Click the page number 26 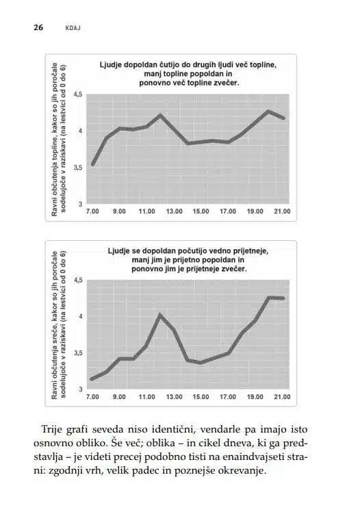(38, 27)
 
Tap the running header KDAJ (73, 28)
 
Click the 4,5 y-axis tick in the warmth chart (78, 94)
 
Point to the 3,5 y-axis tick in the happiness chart (78, 353)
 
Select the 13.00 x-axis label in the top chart (174, 212)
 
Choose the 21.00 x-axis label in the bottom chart (282, 397)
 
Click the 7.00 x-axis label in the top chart (93, 212)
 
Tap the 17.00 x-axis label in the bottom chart (228, 397)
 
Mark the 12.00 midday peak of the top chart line (160, 116)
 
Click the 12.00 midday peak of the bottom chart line (160, 315)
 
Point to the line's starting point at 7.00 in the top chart (93, 164)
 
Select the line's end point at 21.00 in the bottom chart (283, 298)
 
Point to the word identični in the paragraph (173, 430)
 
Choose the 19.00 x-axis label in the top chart (255, 212)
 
